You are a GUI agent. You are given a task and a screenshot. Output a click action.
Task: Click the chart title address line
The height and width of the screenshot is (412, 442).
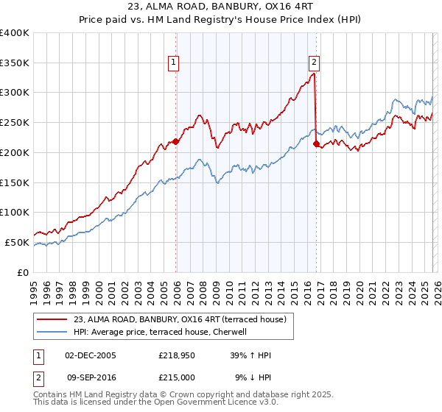pyautogui.click(x=220, y=8)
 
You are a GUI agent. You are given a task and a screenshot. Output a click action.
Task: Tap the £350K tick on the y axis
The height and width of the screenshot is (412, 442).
pyautogui.click(x=15, y=63)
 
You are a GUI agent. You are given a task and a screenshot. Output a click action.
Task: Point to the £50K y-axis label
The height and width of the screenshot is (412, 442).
pyautogui.click(x=17, y=242)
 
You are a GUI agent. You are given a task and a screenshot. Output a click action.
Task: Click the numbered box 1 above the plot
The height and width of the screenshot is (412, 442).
pyautogui.click(x=174, y=63)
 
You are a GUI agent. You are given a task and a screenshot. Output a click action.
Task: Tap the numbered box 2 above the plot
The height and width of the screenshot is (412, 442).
pyautogui.click(x=314, y=63)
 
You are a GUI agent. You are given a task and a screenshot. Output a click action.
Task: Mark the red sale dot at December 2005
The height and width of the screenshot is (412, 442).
pyautogui.click(x=175, y=141)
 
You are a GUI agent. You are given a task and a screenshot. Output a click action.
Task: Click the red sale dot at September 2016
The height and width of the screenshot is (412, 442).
pyautogui.click(x=316, y=144)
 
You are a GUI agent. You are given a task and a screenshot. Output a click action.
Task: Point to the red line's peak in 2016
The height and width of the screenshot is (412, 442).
pyautogui.click(x=314, y=73)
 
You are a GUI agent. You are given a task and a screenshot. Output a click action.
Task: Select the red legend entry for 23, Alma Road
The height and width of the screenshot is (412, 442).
pyautogui.click(x=184, y=319)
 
